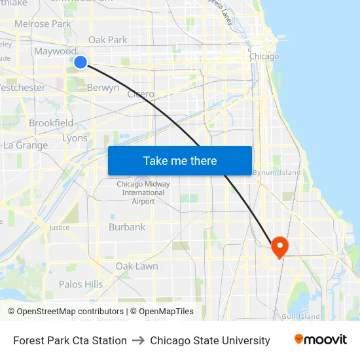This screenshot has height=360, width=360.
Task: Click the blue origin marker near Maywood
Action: coord(81,62)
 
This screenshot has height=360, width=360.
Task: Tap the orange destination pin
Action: coord(279,247)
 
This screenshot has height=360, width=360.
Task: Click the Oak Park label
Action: coord(108,40)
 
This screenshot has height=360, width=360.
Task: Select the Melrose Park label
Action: coord(43,24)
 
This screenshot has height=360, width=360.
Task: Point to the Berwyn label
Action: coord(103,88)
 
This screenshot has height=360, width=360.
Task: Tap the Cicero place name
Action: coord(141,94)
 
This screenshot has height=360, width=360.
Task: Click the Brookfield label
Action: coord(51,123)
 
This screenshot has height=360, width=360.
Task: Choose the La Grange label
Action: coord(26,145)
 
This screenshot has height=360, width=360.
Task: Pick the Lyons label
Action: coord(74,139)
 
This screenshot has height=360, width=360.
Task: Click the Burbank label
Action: coord(127,227)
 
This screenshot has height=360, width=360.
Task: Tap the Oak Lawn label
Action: coord(136,266)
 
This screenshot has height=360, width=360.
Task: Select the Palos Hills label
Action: coord(81,284)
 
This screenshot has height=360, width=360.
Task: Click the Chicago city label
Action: coord(264,56)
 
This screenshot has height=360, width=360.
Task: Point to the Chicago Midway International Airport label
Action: coord(143,192)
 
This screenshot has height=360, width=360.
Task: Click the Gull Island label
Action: coord(300,317)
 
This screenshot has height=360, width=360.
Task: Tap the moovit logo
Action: coord(321,340)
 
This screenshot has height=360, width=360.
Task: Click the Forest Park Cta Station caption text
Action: coord(70,340)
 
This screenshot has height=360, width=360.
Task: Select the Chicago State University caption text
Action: coord(210,340)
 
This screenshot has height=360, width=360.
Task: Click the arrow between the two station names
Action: coord(138,340)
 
